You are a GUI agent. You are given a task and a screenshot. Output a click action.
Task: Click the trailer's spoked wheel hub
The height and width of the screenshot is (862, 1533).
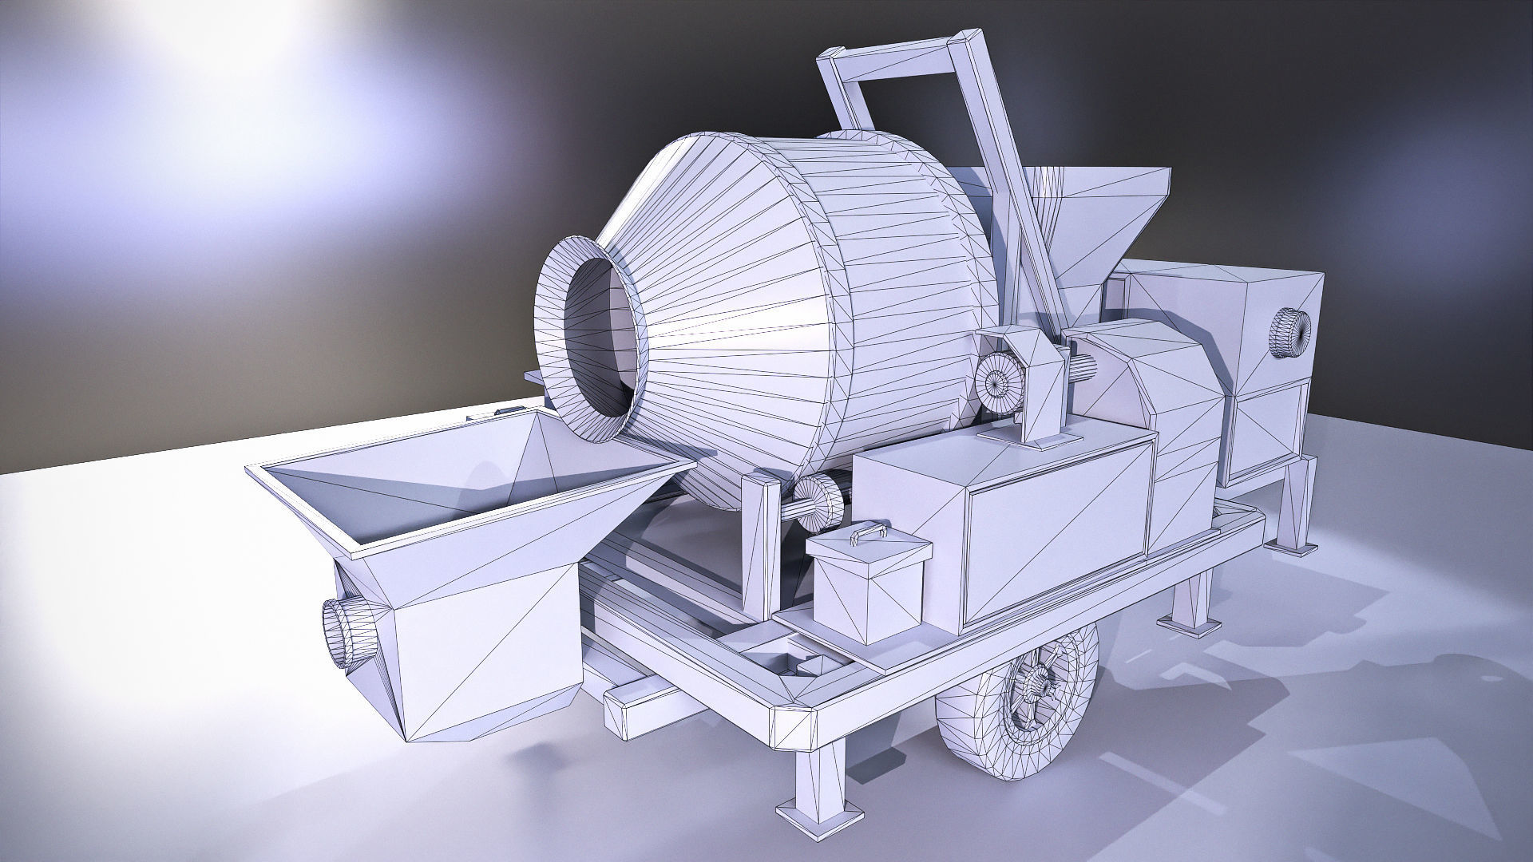[1038, 683]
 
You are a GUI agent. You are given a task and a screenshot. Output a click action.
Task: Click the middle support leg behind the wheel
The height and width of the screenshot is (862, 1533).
[1194, 603]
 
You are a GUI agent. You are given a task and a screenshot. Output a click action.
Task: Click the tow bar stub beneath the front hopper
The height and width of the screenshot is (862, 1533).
[639, 702]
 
